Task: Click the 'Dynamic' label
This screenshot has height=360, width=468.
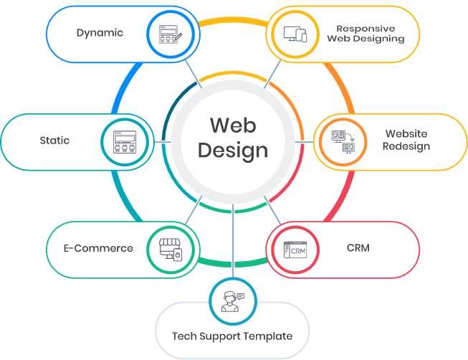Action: pos(100,32)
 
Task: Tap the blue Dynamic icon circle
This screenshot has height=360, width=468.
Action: pos(166,33)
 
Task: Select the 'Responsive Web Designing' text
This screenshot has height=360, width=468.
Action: pos(366,33)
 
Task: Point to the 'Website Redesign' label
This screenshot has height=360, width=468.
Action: pos(406,140)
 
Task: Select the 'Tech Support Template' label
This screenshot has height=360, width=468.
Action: pos(232,336)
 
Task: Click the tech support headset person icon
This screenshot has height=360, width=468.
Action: pos(232,300)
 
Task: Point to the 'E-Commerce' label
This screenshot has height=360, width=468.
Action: pos(98,248)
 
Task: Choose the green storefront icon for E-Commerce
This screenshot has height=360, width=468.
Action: pos(172,249)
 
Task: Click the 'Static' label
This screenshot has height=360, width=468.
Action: pos(54,140)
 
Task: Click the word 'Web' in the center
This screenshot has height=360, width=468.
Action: pos(233,125)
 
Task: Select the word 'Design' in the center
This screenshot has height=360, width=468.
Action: pos(233,151)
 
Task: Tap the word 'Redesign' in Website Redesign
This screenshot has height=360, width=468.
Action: pos(406,146)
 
